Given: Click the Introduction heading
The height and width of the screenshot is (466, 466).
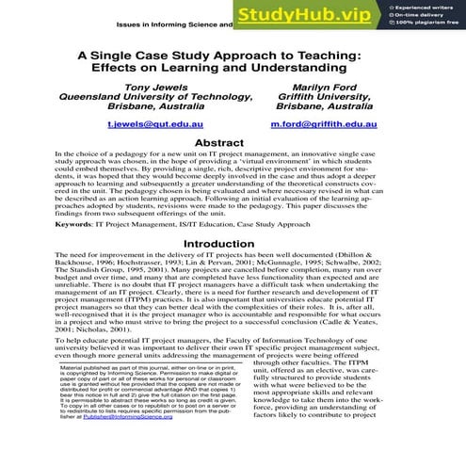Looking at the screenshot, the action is tap(233, 242).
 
